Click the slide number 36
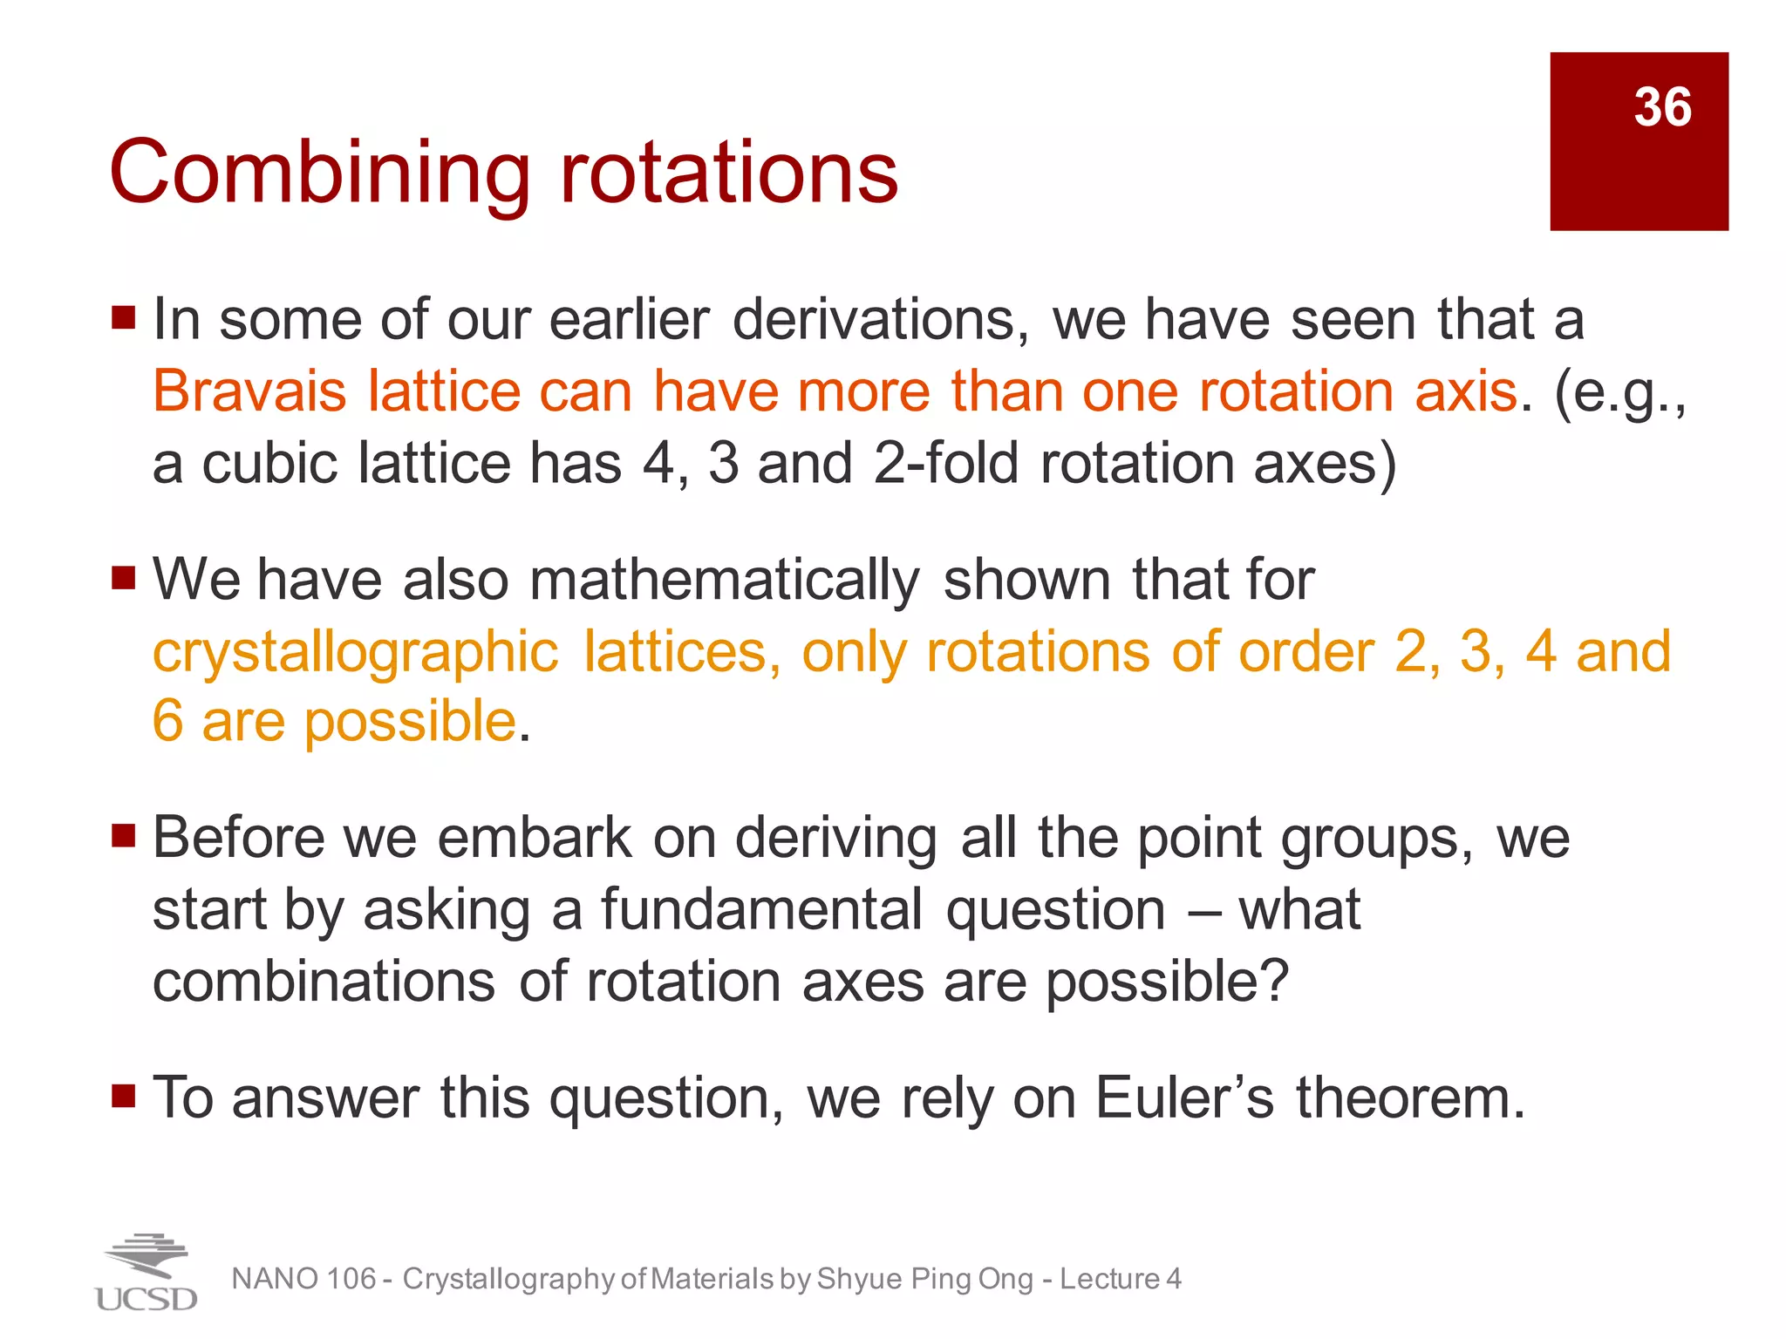coord(1662,108)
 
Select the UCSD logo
coord(146,1273)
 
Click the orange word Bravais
coord(249,391)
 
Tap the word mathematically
coord(724,581)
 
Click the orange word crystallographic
coord(355,652)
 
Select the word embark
coord(534,839)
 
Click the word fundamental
coord(761,910)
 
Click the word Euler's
coord(1184,1098)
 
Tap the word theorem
coord(1410,1098)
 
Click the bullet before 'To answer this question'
coord(124,1095)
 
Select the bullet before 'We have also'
coord(124,577)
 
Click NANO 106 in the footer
coord(303,1279)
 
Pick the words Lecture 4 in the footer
coord(1121,1279)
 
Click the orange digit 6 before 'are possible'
coord(167,722)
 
